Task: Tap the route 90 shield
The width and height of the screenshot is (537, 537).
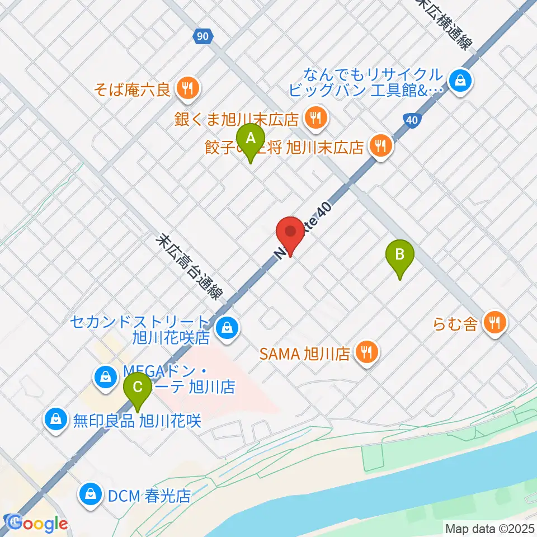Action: click(204, 37)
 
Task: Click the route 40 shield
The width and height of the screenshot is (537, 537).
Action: click(411, 119)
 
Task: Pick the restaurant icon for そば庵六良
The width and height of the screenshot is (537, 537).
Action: click(186, 87)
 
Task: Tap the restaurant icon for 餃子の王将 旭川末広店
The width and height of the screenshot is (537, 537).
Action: click(381, 147)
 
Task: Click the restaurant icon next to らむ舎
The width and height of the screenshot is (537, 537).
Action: click(495, 322)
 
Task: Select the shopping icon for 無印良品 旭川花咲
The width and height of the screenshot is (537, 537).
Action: click(56, 418)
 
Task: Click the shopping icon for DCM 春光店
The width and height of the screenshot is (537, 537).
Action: click(89, 495)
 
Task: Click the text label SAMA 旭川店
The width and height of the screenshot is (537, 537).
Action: click(304, 354)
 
